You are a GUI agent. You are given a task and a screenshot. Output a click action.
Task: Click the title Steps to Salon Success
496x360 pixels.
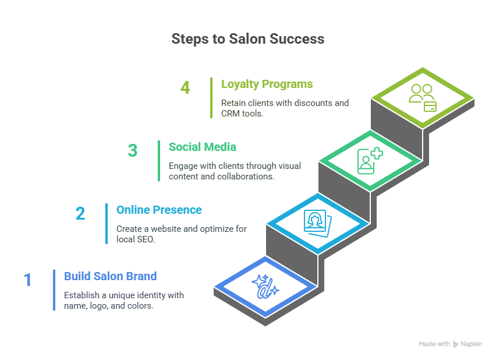pos(247,39)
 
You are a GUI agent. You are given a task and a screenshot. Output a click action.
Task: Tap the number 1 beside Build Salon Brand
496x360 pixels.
pos(27,280)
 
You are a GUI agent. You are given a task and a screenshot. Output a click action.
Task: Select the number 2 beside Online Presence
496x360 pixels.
pos(80,213)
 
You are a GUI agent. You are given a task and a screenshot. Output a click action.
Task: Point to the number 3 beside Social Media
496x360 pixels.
pos(133,150)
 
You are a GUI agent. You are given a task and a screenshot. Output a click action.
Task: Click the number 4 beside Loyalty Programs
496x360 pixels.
pos(185,88)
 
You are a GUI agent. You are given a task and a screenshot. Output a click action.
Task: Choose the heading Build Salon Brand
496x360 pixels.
pos(110,276)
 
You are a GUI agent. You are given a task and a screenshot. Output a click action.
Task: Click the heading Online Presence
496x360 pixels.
pos(159,210)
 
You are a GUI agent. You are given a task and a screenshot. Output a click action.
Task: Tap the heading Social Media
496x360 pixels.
pos(202,147)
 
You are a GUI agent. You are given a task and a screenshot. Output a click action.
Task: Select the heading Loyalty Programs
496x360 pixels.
pos(267,84)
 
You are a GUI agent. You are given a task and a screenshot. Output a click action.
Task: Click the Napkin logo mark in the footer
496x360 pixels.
pos(456,344)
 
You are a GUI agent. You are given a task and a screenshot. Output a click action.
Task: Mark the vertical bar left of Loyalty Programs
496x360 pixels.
pos(211,98)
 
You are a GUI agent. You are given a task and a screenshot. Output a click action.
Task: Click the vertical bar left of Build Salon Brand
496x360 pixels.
pos(54,290)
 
